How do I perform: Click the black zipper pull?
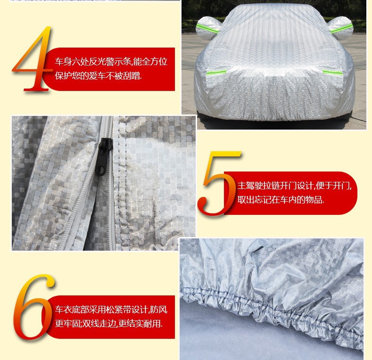[103, 157]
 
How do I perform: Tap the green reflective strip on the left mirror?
[207, 28]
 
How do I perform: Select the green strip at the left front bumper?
[216, 72]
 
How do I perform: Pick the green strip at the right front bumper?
[332, 73]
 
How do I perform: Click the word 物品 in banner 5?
[314, 199]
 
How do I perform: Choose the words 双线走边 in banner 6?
[99, 323]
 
